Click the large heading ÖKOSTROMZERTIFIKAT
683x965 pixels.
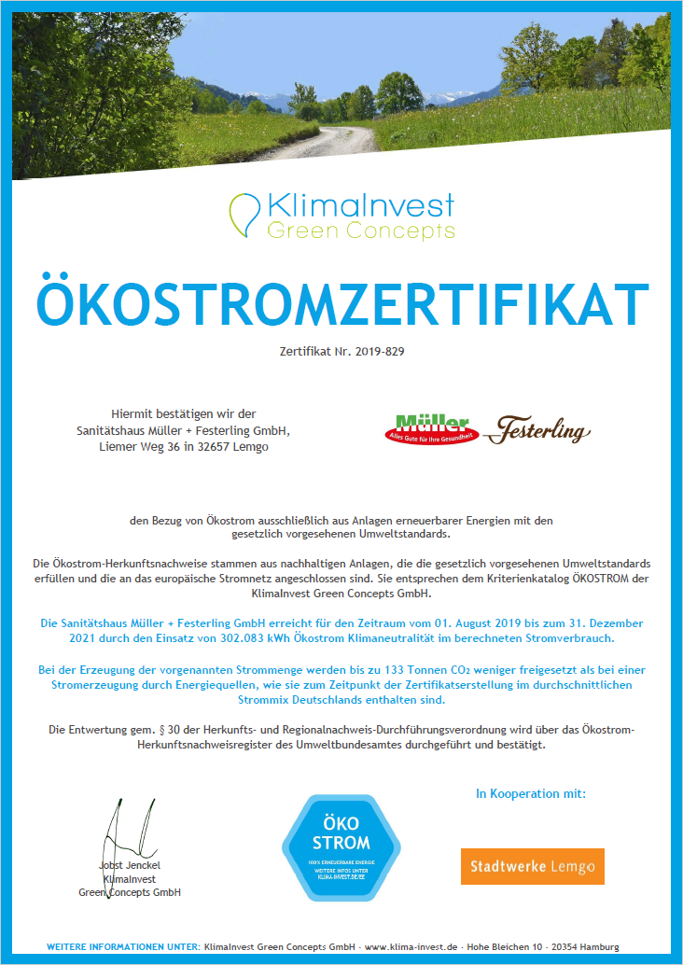(341, 301)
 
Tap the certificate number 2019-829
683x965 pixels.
(380, 353)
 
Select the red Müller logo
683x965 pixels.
(431, 429)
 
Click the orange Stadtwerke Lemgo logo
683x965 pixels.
(532, 866)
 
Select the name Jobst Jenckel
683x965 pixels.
(129, 865)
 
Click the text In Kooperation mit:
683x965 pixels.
(530, 793)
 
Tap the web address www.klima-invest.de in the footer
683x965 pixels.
(411, 946)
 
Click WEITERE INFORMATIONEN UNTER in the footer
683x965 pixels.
(123, 946)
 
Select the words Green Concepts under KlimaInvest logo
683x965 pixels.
(361, 230)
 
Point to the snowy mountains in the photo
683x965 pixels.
(271, 96)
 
